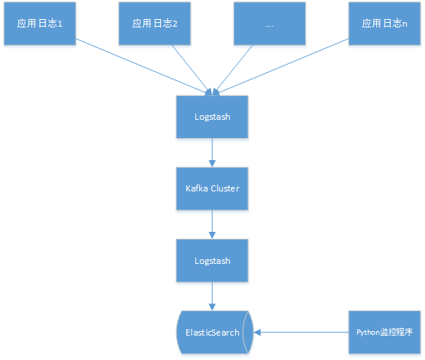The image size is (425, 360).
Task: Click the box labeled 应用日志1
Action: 40,24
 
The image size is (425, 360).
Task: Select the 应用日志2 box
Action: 154,24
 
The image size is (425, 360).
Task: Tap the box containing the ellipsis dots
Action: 269,24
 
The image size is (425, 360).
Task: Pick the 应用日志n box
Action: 385,24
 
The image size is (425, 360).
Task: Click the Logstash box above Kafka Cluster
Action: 212,117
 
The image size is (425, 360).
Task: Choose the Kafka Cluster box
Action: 212,188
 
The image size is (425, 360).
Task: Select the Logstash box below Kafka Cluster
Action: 212,261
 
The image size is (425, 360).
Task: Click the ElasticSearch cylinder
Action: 214,333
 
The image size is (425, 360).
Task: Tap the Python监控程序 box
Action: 385,333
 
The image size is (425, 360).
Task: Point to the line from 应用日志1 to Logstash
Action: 143,67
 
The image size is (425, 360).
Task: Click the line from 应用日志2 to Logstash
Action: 192,70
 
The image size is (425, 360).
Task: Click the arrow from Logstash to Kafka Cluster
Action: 212,153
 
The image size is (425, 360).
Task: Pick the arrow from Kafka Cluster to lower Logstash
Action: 212,224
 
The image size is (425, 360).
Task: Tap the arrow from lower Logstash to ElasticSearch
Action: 212,297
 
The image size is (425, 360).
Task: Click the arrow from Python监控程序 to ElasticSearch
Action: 301,333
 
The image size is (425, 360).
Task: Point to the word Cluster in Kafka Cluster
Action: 225,188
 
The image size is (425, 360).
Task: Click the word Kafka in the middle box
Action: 197,188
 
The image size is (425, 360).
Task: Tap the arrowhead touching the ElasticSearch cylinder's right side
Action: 257,333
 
